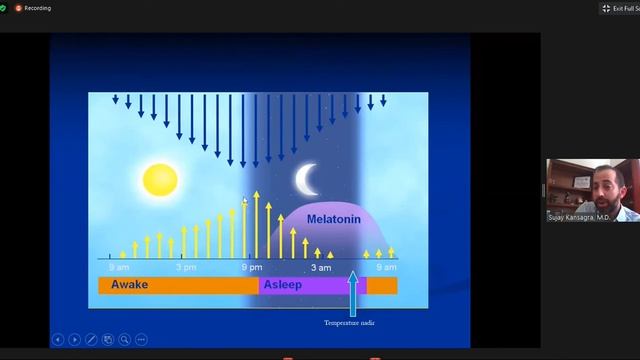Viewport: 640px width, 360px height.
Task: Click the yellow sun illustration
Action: coord(159,180)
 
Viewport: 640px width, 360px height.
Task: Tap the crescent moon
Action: coord(306,179)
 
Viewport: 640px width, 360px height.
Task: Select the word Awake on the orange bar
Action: coord(130,285)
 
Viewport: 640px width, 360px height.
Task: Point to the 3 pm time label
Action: coord(185,267)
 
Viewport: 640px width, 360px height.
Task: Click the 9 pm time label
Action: coord(252,267)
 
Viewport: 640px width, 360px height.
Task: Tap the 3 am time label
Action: coord(320,267)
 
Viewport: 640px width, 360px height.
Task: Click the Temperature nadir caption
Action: coord(349,323)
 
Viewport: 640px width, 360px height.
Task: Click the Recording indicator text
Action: coord(38,7)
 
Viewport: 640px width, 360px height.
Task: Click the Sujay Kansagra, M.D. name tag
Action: coord(578,216)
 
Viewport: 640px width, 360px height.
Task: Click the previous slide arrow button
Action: coord(58,340)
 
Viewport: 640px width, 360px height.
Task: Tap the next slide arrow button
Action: coord(75,340)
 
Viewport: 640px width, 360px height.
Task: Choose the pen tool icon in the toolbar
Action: coord(92,340)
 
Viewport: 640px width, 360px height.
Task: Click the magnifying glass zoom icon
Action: coord(125,340)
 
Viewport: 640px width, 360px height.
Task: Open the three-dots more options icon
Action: coord(141,340)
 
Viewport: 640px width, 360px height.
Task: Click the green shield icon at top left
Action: coord(5,7)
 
